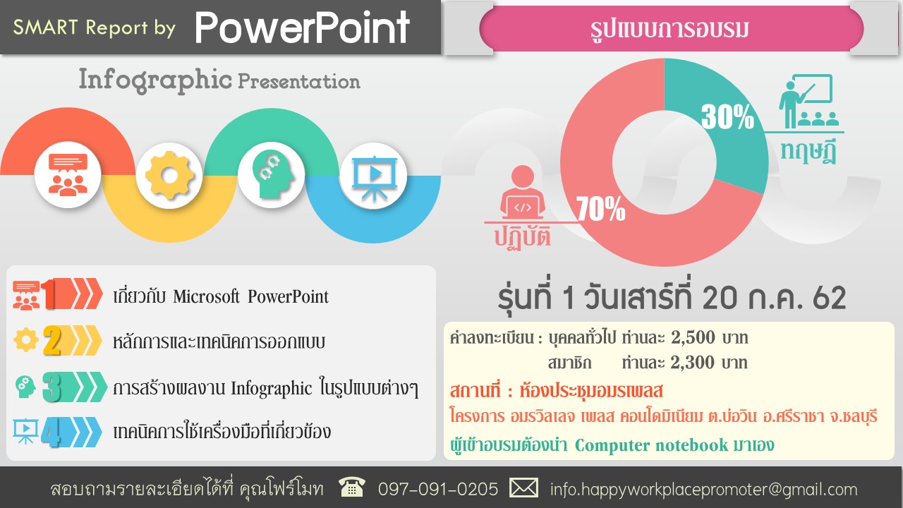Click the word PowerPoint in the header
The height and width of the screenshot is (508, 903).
[303, 28]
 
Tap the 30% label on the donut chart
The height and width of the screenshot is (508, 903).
[727, 117]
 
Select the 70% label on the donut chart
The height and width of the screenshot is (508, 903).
[600, 209]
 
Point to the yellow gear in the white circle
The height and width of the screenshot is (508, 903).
[169, 176]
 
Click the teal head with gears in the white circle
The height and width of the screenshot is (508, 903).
[272, 174]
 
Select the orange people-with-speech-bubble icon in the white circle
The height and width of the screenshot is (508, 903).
[68, 174]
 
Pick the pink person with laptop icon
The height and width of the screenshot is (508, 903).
[523, 192]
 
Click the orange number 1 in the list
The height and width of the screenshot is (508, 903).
[49, 294]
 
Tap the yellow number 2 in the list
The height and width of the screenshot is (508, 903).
[52, 341]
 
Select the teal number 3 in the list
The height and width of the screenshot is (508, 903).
[52, 387]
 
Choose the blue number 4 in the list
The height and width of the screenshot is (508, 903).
[51, 433]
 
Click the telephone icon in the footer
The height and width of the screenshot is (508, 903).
[352, 487]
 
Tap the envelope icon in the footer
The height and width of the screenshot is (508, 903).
[523, 488]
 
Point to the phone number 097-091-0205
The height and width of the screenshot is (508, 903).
[438, 489]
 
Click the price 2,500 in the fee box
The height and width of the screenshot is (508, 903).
[693, 337]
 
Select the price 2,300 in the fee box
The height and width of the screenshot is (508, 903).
[693, 363]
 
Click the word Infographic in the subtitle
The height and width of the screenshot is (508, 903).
[155, 80]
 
